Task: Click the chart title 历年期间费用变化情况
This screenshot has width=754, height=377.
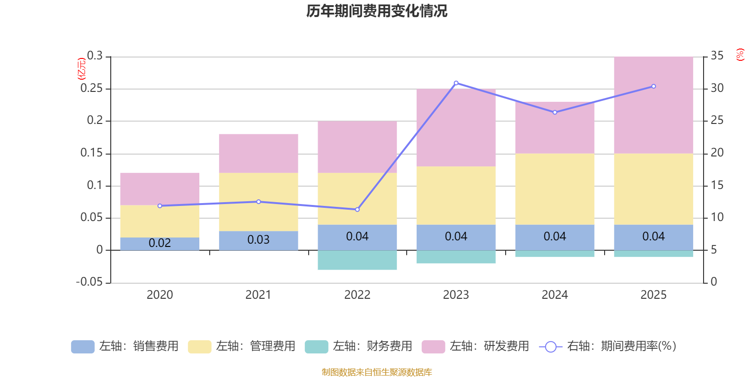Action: click(377, 11)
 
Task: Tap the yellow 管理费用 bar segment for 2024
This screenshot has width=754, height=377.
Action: click(555, 188)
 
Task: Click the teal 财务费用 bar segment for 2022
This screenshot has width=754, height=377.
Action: click(357, 260)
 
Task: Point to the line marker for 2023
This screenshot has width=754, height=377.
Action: click(456, 83)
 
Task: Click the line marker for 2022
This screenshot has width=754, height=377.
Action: click(357, 209)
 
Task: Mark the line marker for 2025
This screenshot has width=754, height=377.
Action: click(653, 86)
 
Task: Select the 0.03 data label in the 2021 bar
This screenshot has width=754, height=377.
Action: click(258, 240)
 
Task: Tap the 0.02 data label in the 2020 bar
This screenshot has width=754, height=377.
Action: click(160, 243)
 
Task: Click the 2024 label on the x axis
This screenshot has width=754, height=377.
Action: click(555, 295)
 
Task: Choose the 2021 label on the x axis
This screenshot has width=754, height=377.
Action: click(258, 295)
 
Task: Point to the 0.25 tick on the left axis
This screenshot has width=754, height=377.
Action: click(91, 88)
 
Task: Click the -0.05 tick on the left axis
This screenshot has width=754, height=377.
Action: click(90, 282)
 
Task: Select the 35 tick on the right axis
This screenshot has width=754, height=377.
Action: click(717, 56)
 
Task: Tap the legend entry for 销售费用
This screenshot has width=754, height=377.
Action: click(125, 346)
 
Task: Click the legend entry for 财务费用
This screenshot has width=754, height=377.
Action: click(359, 346)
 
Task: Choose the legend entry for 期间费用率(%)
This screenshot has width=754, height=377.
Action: click(608, 346)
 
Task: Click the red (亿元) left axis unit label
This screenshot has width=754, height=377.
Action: click(81, 68)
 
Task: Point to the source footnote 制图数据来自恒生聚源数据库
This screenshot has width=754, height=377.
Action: click(377, 372)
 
